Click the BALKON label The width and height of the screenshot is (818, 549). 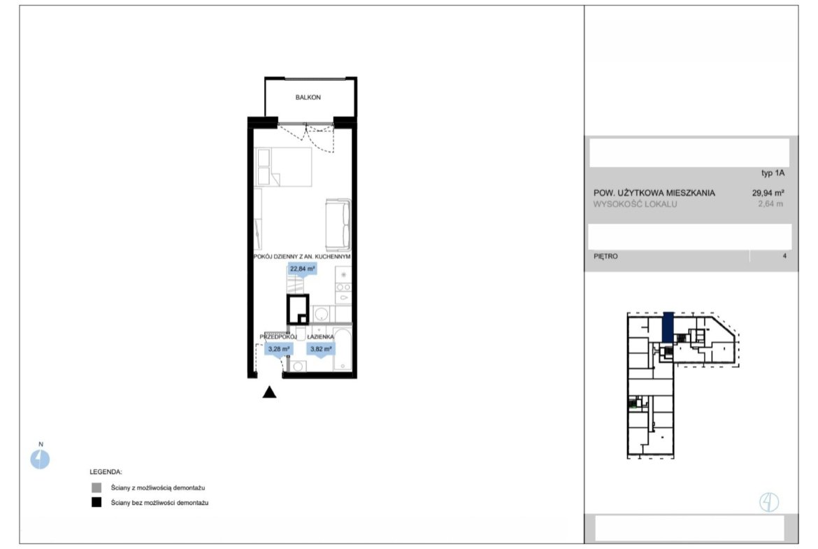point(308,98)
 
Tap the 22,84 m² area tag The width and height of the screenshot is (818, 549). point(303,269)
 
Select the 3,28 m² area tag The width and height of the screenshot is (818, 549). point(278,349)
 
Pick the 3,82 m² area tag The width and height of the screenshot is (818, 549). point(321,349)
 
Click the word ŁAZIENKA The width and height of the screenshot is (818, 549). point(320,337)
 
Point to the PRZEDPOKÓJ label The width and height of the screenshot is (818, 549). point(278,337)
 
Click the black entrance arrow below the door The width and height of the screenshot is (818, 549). point(269,392)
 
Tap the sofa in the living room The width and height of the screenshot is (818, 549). point(338,224)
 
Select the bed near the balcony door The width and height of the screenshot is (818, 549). point(282,166)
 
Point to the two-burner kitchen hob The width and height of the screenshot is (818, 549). point(343,287)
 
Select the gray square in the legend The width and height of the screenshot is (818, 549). point(96,488)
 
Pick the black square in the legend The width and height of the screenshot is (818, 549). point(96,503)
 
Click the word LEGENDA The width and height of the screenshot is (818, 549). point(106,472)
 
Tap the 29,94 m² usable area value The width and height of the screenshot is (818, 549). point(768,192)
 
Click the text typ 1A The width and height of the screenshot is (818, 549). point(773,173)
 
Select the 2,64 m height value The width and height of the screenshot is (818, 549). point(770,204)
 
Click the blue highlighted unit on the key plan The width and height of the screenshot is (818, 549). point(668,327)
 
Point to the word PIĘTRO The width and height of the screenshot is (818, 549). point(605,256)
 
